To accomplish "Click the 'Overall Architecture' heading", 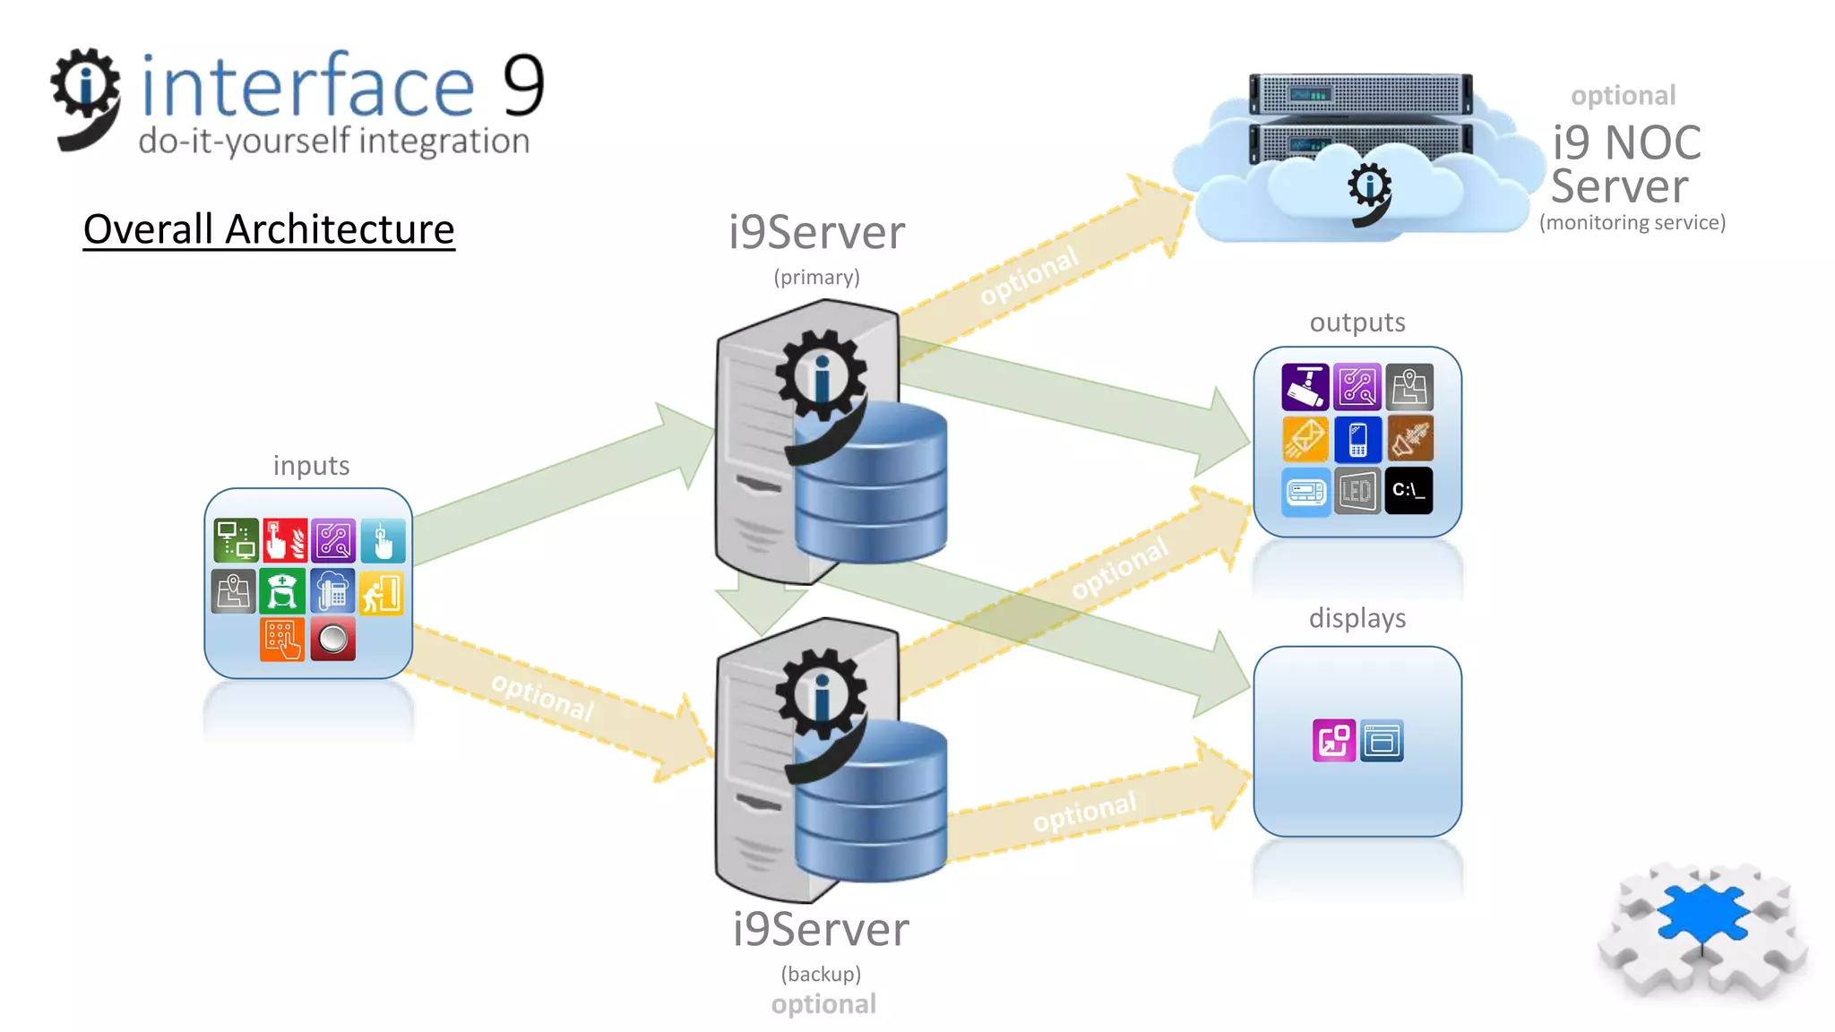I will [269, 229].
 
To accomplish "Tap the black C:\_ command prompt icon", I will [1409, 490].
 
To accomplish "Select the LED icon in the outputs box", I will [1357, 490].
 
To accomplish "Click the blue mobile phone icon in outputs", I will [1357, 439].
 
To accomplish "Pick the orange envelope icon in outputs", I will [1305, 439].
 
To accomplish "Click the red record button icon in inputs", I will [332, 640].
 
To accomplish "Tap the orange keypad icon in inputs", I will [282, 640].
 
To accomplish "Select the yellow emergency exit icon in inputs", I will [383, 592].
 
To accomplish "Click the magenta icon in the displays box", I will [1333, 740].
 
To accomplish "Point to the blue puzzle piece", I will [1702, 914].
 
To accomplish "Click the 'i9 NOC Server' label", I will [1625, 164].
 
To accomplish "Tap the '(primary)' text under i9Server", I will [816, 278].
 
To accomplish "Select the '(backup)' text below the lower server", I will [821, 974].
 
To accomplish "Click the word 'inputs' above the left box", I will [311, 466].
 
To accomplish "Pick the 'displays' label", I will [1357, 618].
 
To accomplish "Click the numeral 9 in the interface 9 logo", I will [523, 86].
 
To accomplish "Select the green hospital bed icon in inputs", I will [282, 592].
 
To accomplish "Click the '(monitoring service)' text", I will [1632, 222].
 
